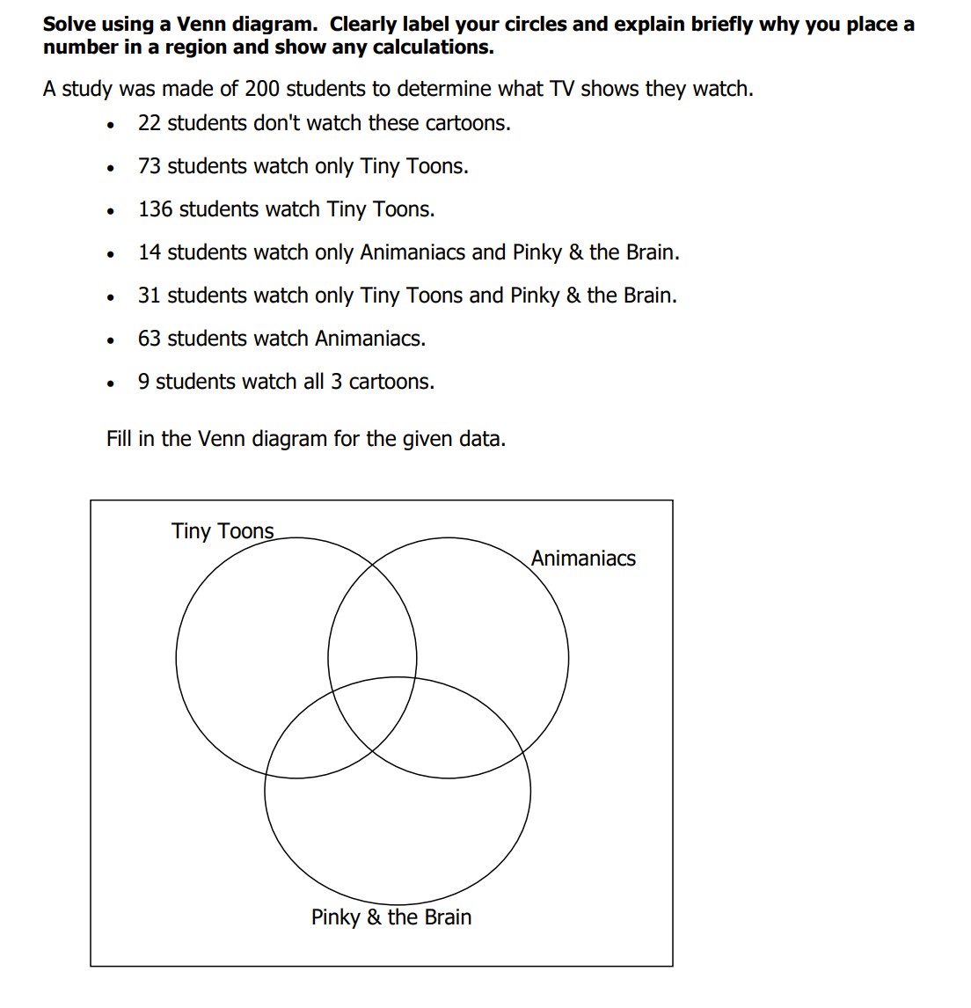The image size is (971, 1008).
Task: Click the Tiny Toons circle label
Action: coord(223,531)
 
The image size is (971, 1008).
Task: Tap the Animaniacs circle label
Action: coord(583,559)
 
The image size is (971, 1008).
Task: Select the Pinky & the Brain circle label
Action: coord(391,917)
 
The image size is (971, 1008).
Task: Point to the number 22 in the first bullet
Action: coord(150,123)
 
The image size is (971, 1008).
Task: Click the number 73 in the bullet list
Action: coord(150,166)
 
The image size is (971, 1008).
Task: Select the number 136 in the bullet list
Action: coord(155,209)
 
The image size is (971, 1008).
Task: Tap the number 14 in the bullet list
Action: coord(150,252)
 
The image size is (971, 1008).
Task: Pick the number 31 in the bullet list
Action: coord(150,296)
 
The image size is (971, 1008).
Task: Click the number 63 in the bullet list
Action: coord(150,339)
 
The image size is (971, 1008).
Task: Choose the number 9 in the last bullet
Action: coord(144,382)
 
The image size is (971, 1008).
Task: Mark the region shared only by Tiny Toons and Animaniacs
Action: coord(372,625)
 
